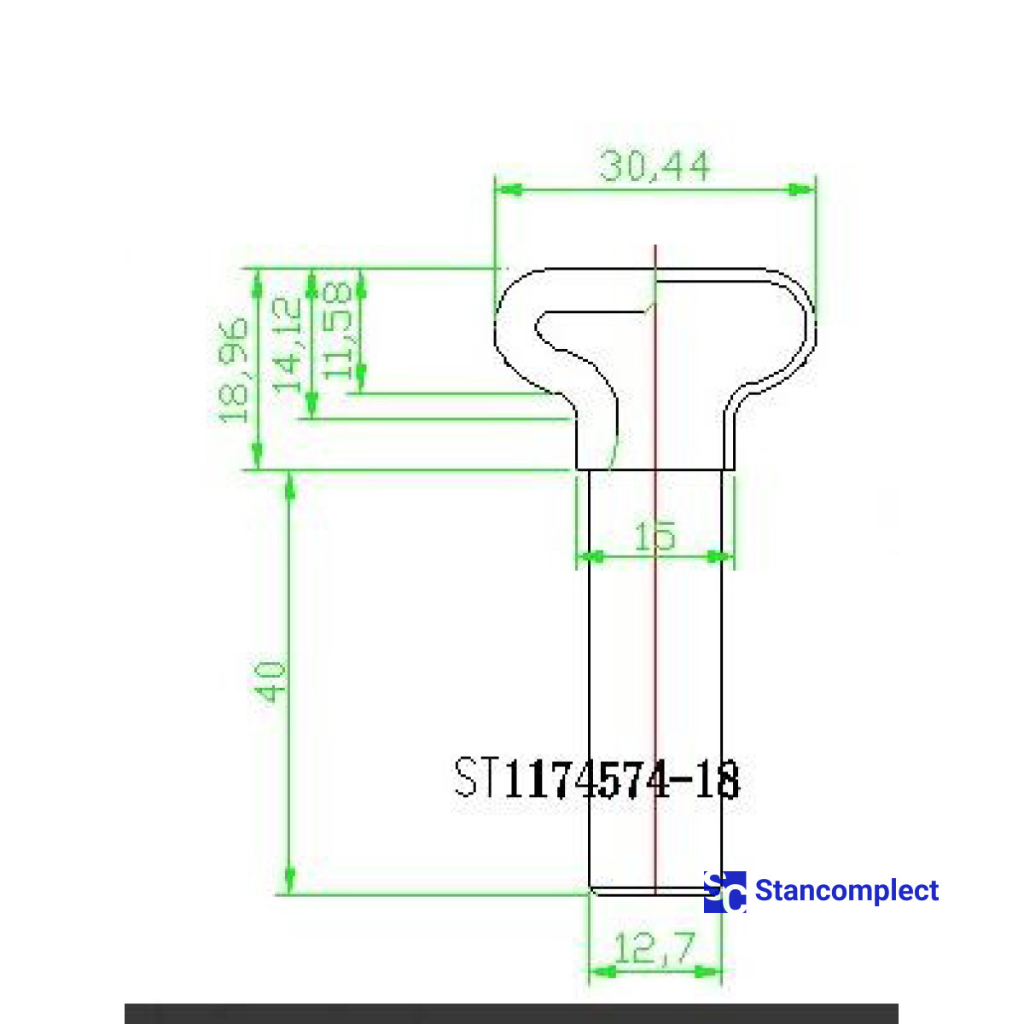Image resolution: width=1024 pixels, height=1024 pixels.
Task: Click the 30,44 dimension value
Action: [x=655, y=166]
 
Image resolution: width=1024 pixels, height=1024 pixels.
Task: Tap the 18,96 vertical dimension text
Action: [x=234, y=370]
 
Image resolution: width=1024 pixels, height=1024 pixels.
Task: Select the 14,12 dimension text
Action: [x=288, y=345]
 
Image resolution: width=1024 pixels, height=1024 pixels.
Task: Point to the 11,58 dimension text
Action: [x=337, y=330]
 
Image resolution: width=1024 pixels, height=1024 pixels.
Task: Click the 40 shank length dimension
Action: [x=271, y=682]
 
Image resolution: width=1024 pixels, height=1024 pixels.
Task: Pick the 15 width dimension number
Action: [x=655, y=535]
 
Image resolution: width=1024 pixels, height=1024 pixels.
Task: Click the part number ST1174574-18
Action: [x=596, y=778]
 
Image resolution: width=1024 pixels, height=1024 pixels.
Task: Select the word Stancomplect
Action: [x=847, y=891]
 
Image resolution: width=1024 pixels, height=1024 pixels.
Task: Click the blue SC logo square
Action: [x=724, y=892]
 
